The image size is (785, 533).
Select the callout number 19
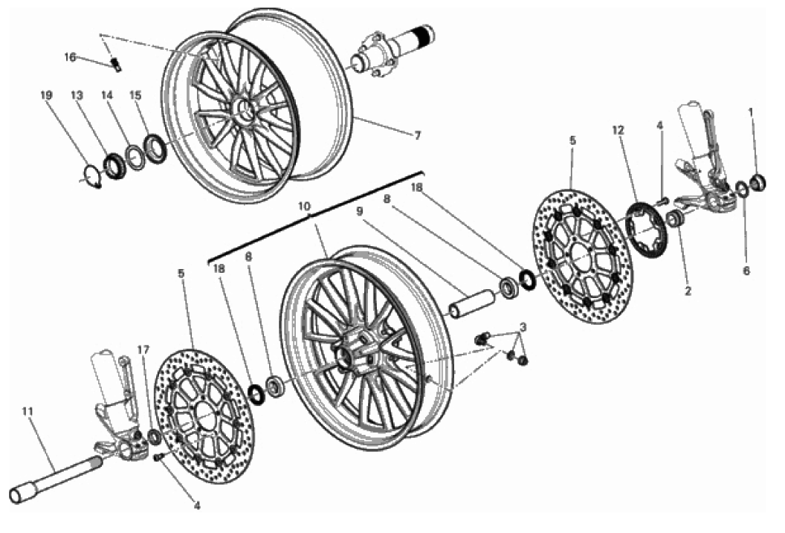pyautogui.click(x=47, y=95)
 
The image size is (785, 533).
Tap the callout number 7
pyautogui.click(x=418, y=135)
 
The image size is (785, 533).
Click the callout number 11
pyautogui.click(x=28, y=410)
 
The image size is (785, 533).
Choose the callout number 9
pyautogui.click(x=359, y=211)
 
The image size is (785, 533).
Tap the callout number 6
pyautogui.click(x=746, y=271)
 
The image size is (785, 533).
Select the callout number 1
pyautogui.click(x=751, y=112)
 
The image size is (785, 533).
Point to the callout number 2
pyautogui.click(x=688, y=291)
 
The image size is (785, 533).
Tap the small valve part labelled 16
pyautogui.click(x=116, y=64)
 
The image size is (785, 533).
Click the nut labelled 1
pyautogui.click(x=760, y=181)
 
